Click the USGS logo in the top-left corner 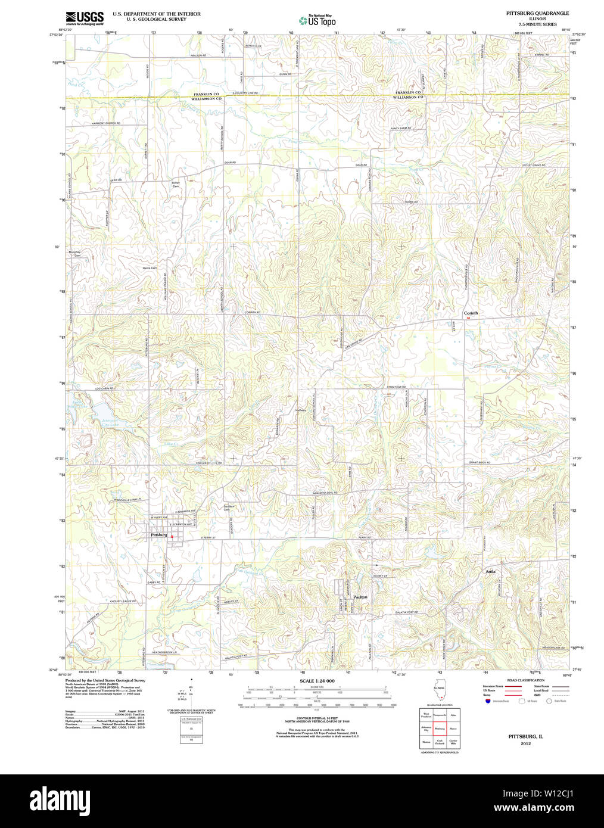click(x=84, y=17)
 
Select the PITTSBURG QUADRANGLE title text click(x=537, y=13)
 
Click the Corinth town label click(x=471, y=313)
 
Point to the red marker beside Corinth click(x=469, y=318)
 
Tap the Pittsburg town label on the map click(x=159, y=535)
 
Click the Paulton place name click(x=360, y=596)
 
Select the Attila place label click(x=490, y=571)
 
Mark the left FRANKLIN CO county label click(x=206, y=94)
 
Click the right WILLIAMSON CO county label click(x=408, y=97)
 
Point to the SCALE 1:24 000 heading click(x=317, y=681)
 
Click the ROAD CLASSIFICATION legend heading click(x=525, y=680)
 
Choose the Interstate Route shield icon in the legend click(x=488, y=701)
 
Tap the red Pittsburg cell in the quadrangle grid click(x=440, y=728)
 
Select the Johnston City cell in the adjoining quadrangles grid click(x=426, y=728)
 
